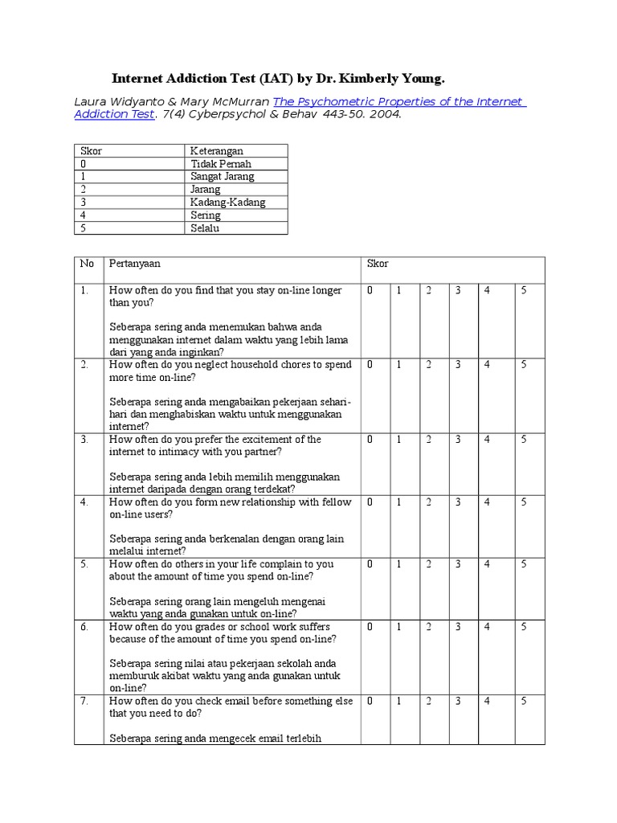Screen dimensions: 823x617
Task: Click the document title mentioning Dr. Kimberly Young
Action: [276, 78]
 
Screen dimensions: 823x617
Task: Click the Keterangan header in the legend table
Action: [216, 151]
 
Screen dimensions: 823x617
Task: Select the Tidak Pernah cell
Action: [221, 164]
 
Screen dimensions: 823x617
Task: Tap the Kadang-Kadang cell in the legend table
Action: [227, 203]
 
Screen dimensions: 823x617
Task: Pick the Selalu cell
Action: [205, 228]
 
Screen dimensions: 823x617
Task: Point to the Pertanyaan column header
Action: [135, 264]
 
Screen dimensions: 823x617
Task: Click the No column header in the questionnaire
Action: [87, 264]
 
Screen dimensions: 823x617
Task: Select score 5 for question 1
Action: [524, 290]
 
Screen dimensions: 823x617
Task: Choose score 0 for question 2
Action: [370, 365]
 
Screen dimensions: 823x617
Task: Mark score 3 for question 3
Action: [457, 440]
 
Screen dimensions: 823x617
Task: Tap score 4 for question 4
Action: [487, 502]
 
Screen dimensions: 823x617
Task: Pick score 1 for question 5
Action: [398, 564]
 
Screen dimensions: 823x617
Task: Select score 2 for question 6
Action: [428, 627]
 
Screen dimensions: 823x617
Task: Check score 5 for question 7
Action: [524, 702]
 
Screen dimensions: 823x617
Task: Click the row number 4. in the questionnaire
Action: [84, 502]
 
